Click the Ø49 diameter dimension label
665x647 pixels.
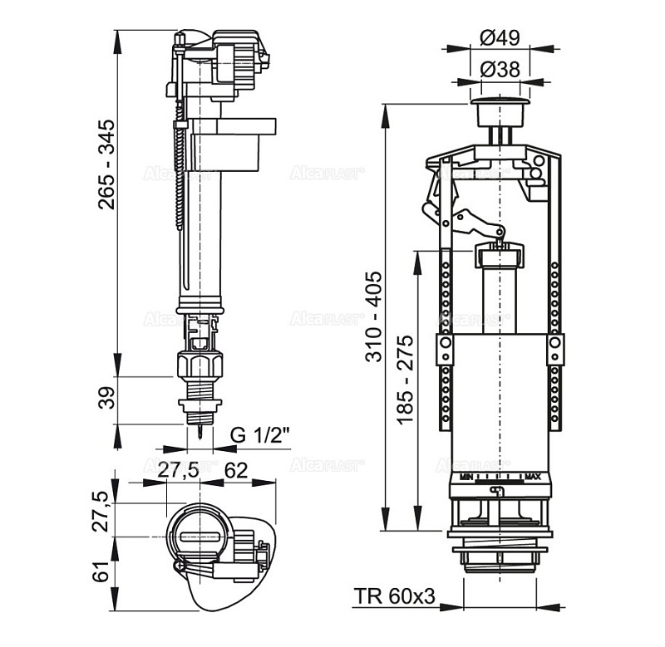(x=500, y=37)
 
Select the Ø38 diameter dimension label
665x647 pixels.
(x=500, y=70)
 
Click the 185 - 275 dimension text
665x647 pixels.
(x=405, y=380)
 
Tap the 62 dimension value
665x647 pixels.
(x=236, y=469)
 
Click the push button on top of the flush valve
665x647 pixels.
(x=499, y=107)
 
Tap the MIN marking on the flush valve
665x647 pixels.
(x=466, y=478)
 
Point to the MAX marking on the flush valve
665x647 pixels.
(x=533, y=478)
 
